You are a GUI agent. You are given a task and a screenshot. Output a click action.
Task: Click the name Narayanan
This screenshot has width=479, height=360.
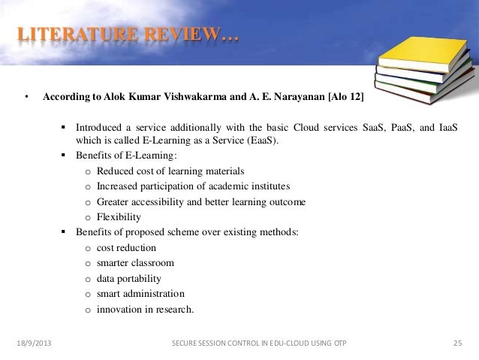pos(290,98)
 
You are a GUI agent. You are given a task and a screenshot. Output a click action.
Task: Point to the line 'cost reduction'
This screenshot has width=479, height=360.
pos(127,248)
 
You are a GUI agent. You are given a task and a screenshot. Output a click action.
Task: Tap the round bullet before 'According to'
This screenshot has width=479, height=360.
pos(26,98)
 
